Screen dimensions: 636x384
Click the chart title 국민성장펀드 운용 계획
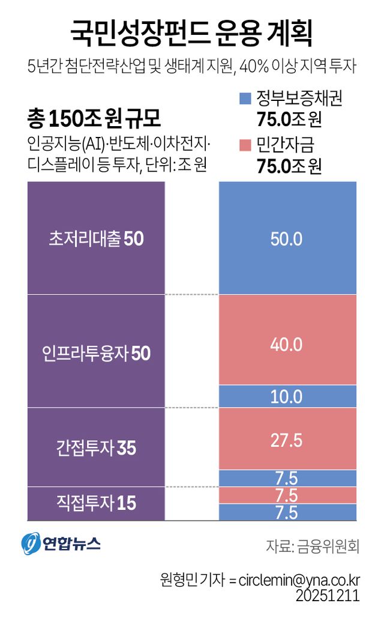191,34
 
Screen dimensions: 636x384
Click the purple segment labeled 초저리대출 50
96,238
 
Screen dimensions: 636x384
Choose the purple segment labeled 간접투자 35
96,447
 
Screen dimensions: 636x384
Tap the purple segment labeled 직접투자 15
96,503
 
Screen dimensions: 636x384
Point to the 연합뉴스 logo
61,544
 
